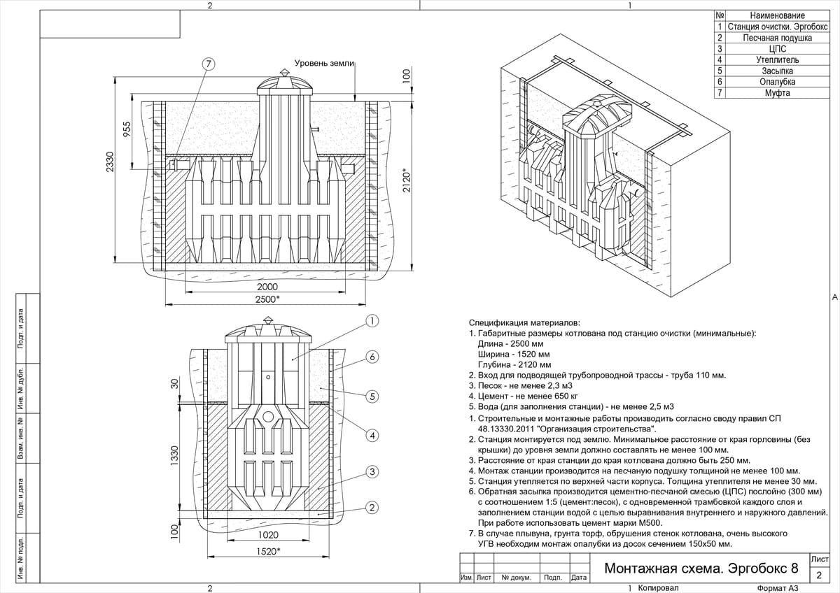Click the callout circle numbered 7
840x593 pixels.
(x=209, y=64)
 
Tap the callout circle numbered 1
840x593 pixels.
(x=372, y=321)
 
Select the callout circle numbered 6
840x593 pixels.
(x=372, y=357)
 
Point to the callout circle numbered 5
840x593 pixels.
(x=372, y=396)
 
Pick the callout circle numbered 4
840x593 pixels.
(x=372, y=436)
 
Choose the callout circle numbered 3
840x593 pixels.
(x=372, y=471)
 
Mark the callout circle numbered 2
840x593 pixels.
(x=372, y=508)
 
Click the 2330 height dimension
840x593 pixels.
(x=109, y=162)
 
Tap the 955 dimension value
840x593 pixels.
(x=127, y=129)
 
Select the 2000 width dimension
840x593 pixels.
(x=267, y=287)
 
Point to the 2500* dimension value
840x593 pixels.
(x=267, y=299)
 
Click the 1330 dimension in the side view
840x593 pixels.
(x=174, y=456)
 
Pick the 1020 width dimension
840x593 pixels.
(x=268, y=535)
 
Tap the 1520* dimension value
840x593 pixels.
(x=269, y=551)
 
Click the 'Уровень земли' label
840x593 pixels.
(x=324, y=64)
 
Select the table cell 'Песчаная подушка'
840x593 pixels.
(x=778, y=38)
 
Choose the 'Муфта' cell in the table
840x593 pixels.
(x=778, y=93)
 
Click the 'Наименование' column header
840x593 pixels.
(x=778, y=15)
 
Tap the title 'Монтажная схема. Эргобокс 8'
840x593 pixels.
(x=701, y=569)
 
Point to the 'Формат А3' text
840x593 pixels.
(x=778, y=588)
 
